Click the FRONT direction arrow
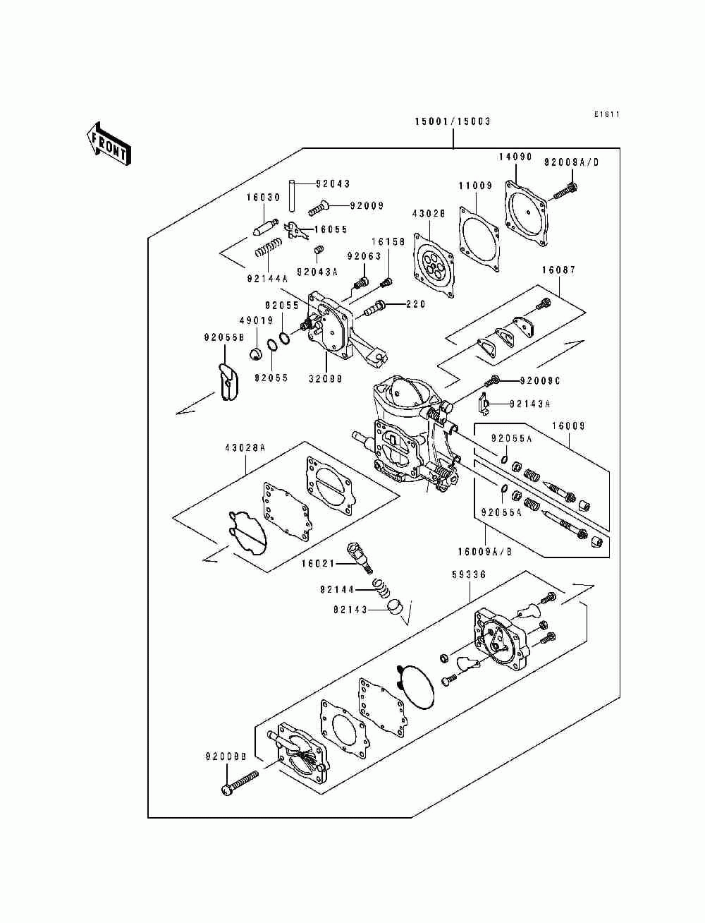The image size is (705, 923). pos(109,143)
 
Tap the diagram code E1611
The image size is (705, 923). pos(607,114)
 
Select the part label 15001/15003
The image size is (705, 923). pos(453,122)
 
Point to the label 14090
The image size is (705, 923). pos(515,157)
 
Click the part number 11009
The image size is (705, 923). pos(475,186)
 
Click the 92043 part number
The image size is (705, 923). pos(333,183)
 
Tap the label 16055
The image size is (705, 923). pos(331,229)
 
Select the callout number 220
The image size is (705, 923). pos(416,304)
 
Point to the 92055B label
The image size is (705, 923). pos(224,337)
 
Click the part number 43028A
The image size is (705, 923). pos(245,448)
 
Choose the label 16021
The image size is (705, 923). pos(319,563)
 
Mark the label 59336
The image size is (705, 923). pos(469,574)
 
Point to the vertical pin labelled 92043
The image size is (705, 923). pos(290,195)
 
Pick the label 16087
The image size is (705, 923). pos(559,270)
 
